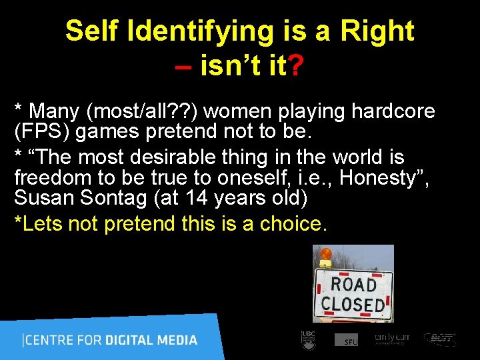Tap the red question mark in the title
[x=298, y=66]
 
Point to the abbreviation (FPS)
[x=43, y=131]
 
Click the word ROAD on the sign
[x=353, y=285]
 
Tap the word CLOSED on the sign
[x=353, y=305]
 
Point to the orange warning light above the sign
[x=326, y=254]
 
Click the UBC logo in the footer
[x=308, y=339]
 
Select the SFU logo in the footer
[x=347, y=340]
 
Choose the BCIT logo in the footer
[x=440, y=339]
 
